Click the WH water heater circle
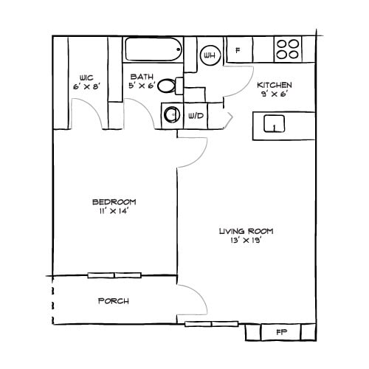(x=209, y=55)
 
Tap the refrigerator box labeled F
(x=238, y=52)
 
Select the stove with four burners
(x=289, y=49)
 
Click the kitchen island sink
(x=273, y=124)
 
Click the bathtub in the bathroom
(x=154, y=49)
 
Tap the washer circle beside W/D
(x=173, y=115)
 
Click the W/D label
(x=196, y=116)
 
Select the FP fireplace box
(x=281, y=331)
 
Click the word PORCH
(x=114, y=301)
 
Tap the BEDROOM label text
(x=114, y=201)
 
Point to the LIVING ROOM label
(x=241, y=232)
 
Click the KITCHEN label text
(x=274, y=85)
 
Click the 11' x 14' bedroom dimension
(x=114, y=211)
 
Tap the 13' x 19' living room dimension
(x=241, y=241)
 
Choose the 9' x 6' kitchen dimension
(x=274, y=94)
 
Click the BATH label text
(x=142, y=77)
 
